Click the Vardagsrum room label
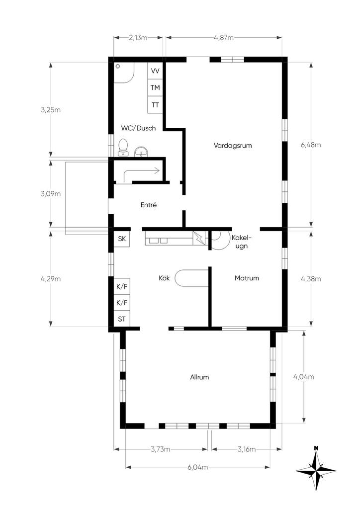232,146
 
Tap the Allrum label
199,377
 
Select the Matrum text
247,278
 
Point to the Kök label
164,278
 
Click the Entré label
149,205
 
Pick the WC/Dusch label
138,128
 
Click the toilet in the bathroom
123,148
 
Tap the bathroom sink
141,152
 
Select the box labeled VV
155,71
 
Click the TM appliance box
155,87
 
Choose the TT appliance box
155,105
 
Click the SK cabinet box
122,239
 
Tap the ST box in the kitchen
122,319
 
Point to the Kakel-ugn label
242,242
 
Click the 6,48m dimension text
311,145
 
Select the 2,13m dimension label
138,38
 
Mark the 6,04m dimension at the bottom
198,467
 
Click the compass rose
316,469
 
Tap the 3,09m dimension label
51,194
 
